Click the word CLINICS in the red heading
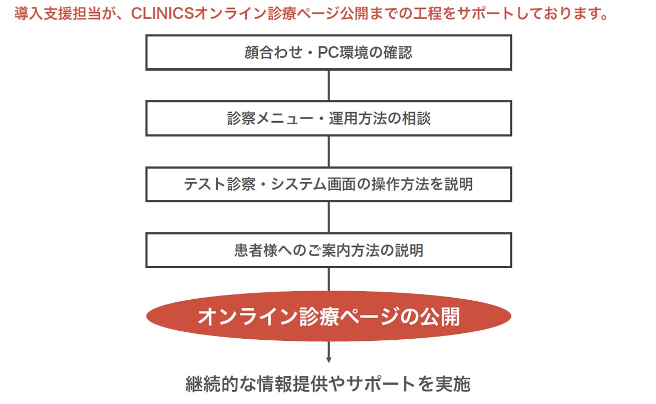[x=162, y=13]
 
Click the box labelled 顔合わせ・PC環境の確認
[x=329, y=53]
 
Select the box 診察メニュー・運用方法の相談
[x=329, y=119]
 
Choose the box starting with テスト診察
[x=329, y=184]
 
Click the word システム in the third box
[x=298, y=184]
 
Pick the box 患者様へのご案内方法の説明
[x=329, y=250]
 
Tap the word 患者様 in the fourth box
[x=256, y=250]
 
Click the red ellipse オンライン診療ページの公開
[x=329, y=316]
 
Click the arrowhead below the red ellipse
[x=329, y=360]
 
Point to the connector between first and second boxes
[x=329, y=86]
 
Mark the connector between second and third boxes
[x=329, y=152]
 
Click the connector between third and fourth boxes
[x=329, y=218]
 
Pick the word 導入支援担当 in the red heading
[x=57, y=14]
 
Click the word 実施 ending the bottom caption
[x=453, y=384]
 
